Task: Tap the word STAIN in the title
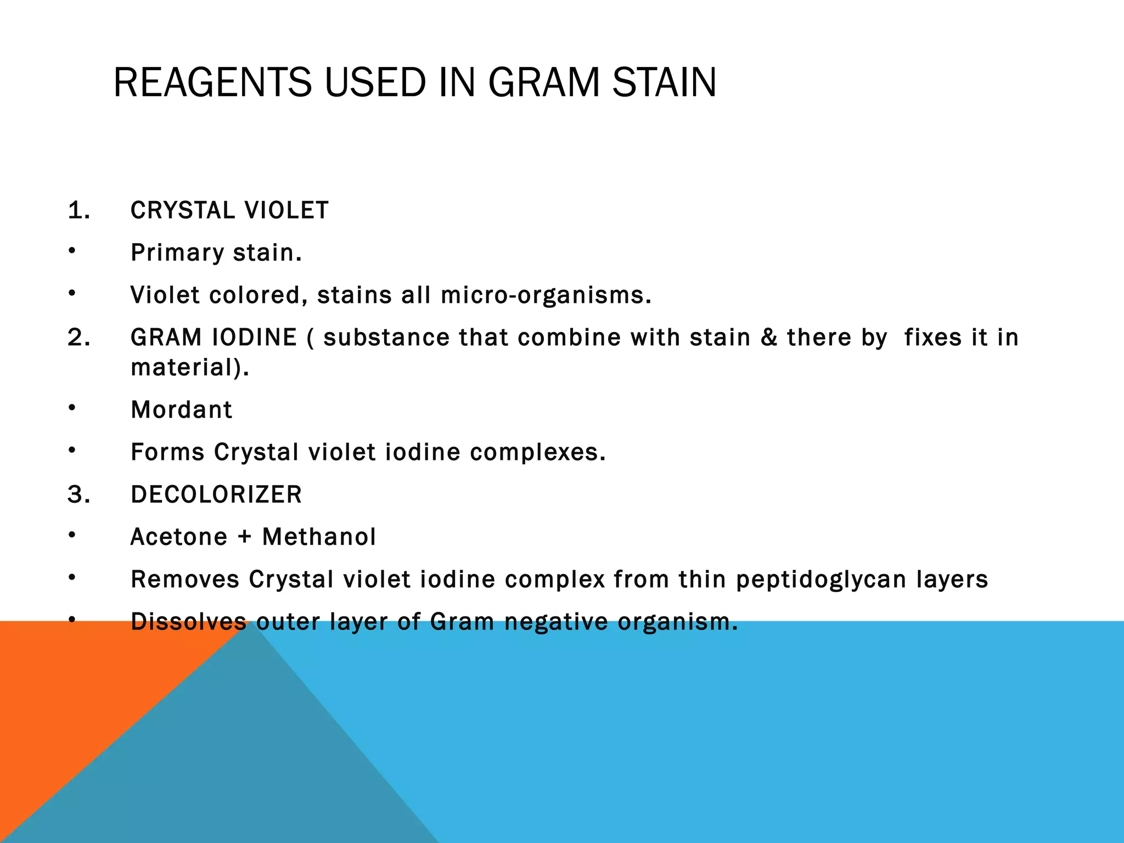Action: pos(664,82)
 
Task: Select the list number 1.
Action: pos(78,211)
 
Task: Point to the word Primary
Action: pos(177,253)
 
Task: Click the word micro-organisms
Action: pos(546,295)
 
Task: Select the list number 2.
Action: pos(78,338)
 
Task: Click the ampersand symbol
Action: pos(769,338)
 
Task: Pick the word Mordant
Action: pos(182,410)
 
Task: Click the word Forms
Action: pos(167,452)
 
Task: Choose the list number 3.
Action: pos(78,494)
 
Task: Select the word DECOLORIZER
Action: pos(216,494)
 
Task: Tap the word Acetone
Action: pos(179,537)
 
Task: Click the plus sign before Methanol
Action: pos(245,537)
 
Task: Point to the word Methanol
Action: pos(319,537)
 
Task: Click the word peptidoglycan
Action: pos(821,580)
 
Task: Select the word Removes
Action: pos(185,580)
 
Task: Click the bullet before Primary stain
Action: pos(72,251)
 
